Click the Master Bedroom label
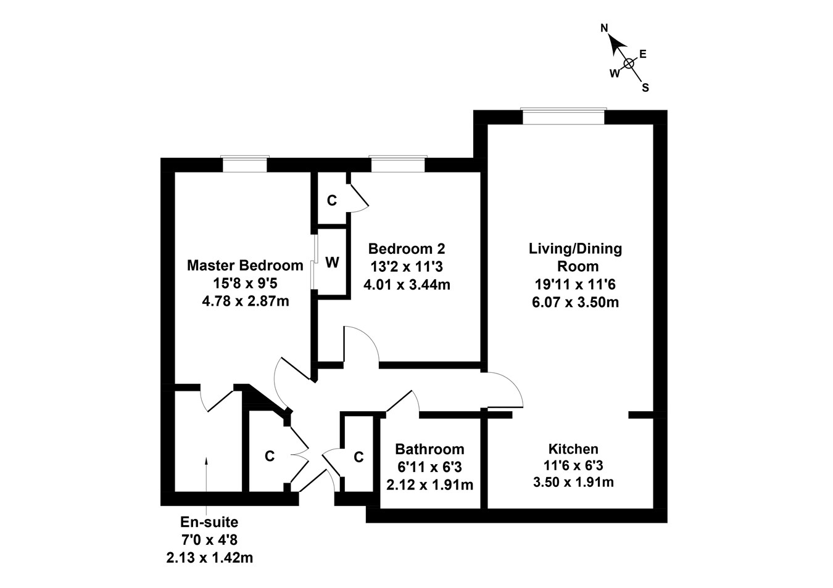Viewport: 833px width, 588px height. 245,266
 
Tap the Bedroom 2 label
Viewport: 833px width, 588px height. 406,249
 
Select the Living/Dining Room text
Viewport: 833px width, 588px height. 575,257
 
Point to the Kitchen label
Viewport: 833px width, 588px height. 573,449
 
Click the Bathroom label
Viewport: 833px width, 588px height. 429,449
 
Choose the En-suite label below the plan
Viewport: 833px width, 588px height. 209,522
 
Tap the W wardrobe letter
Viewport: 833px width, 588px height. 332,263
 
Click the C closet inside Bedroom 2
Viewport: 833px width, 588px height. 332,200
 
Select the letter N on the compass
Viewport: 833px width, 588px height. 605,28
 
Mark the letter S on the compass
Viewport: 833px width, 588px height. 645,88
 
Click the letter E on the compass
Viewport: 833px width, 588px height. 642,54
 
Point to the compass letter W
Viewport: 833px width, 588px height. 615,73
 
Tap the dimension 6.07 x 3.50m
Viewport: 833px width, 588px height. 575,302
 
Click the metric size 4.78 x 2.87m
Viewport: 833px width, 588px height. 245,301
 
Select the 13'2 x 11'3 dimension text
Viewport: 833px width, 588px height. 406,267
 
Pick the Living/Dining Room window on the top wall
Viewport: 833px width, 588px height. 563,116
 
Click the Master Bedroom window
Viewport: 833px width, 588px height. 245,164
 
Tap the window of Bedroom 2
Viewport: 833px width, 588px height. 398,164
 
